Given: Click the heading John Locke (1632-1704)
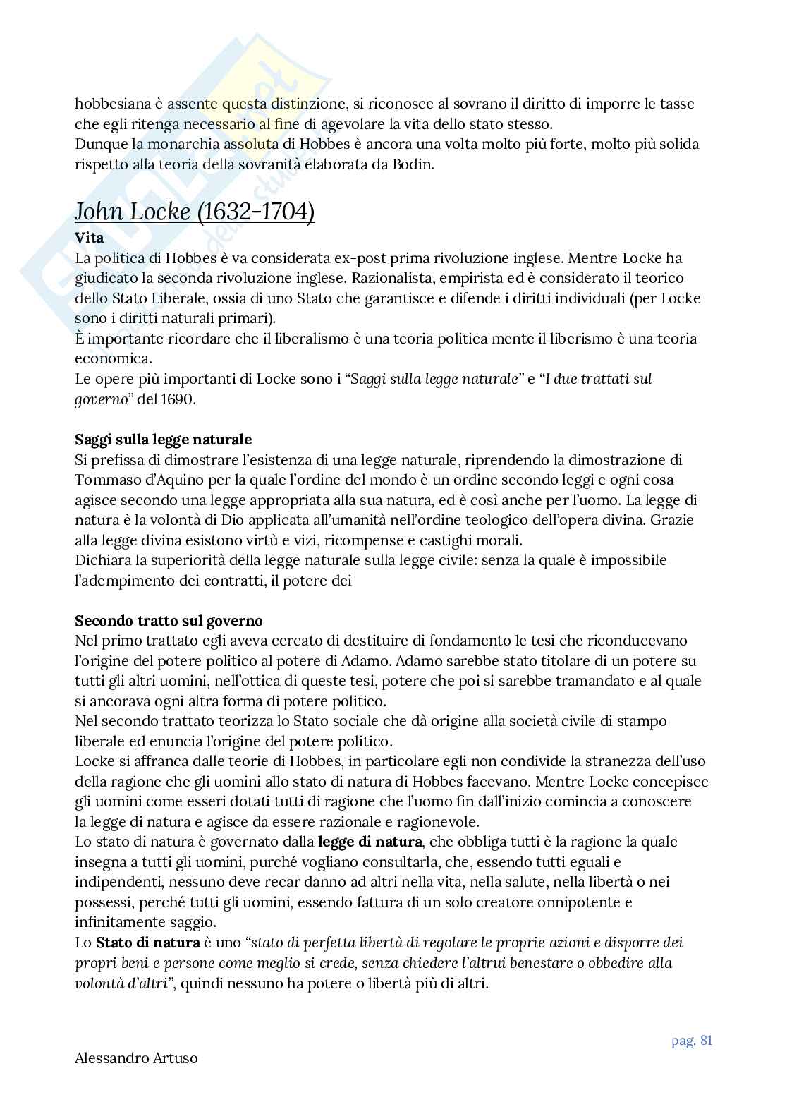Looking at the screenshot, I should [x=195, y=211].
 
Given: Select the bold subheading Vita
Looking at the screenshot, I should [x=89, y=238].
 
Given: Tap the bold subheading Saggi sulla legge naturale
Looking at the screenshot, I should [x=163, y=440].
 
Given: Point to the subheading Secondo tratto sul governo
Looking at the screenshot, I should [x=169, y=621].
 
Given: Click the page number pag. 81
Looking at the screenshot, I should [x=692, y=1041].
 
